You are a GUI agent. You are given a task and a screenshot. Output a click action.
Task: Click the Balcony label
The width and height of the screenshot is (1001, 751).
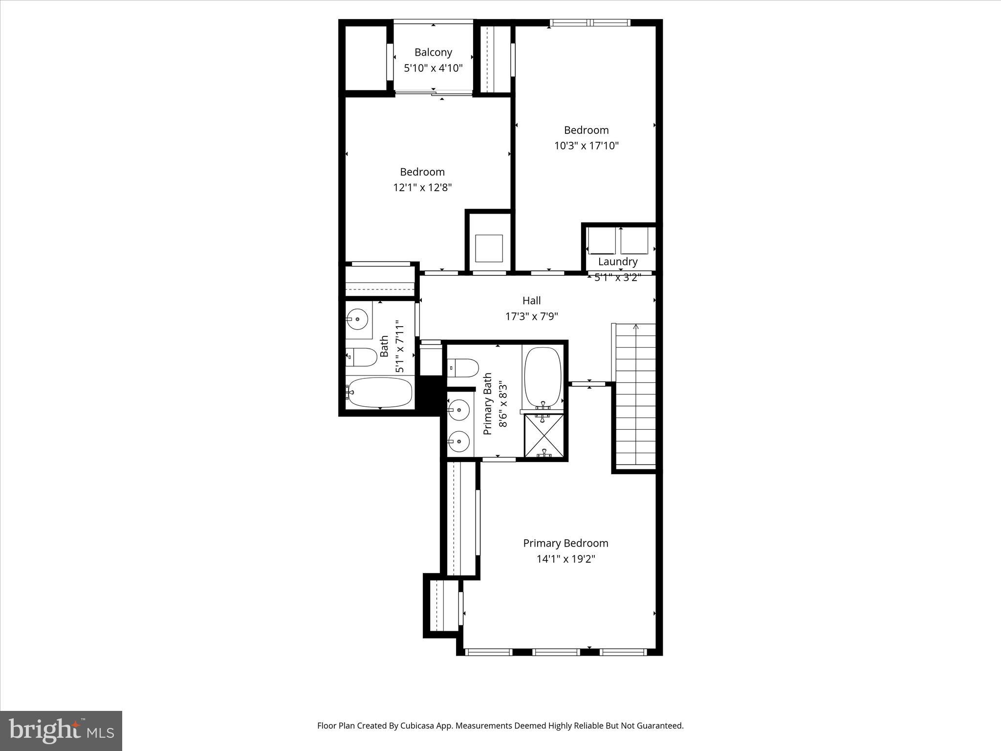point(433,52)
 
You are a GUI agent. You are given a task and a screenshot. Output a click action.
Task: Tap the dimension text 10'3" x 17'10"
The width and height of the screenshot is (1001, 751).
point(586,146)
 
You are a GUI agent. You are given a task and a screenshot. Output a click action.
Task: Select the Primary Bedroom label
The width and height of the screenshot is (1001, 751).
point(566,543)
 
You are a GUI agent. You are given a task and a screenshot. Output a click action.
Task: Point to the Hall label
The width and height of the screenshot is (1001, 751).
point(531,301)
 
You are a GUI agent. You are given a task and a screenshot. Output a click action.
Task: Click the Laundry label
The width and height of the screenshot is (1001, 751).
point(618,262)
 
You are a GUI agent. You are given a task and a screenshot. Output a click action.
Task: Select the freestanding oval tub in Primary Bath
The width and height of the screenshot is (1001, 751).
point(543,376)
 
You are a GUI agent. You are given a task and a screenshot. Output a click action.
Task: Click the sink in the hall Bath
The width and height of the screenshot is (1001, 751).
point(357,319)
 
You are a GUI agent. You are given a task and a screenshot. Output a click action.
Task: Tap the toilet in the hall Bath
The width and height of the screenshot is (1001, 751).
point(361,357)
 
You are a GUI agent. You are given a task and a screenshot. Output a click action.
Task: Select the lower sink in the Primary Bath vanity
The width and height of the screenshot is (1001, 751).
point(459,442)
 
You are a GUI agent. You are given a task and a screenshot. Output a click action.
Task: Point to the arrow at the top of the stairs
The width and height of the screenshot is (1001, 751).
point(636,327)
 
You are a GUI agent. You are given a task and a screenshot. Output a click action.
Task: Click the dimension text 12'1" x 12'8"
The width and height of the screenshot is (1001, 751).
point(422,187)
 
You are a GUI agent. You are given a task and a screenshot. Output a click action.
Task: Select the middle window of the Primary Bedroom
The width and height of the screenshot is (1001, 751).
point(556,652)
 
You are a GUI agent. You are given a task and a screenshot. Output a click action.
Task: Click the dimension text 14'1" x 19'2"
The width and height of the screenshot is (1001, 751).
point(566,559)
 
